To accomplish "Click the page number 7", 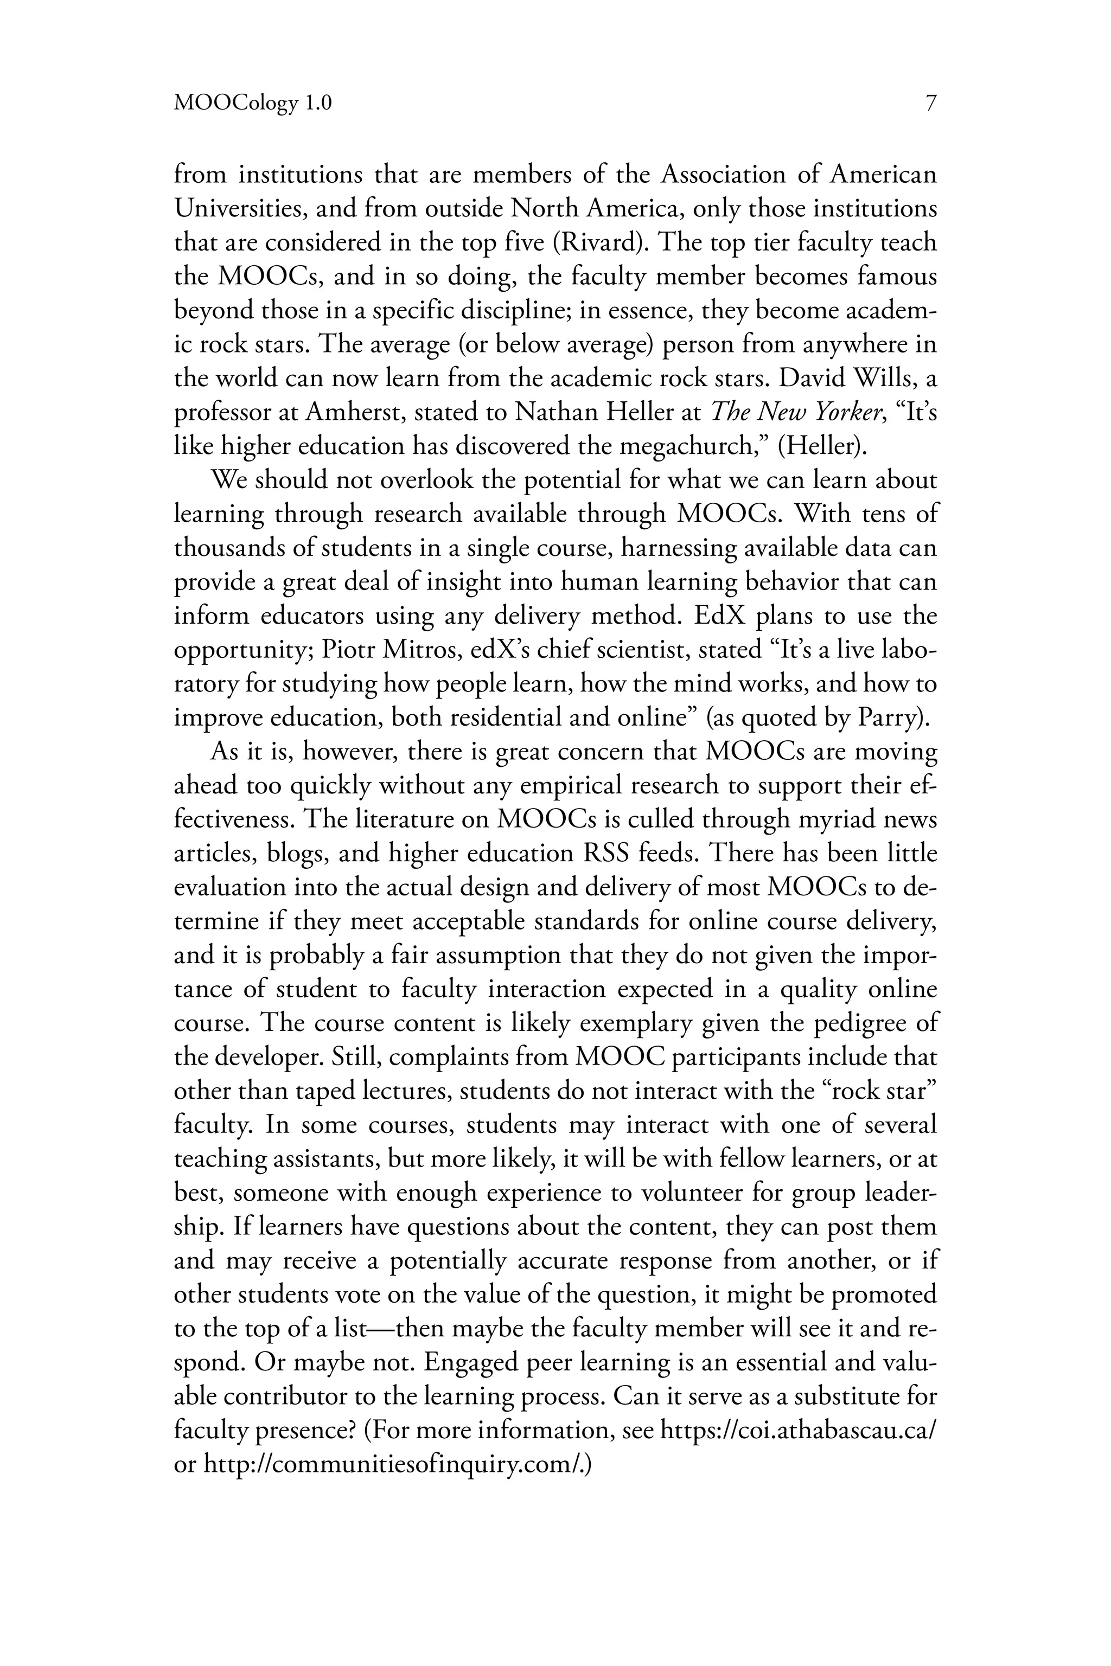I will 930,104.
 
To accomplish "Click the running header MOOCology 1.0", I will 252,105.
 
